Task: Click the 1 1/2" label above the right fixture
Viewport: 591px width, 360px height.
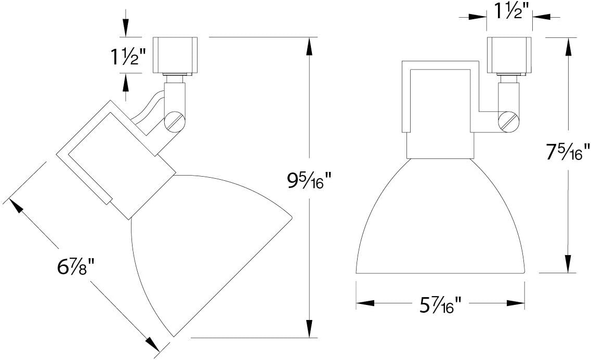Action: pos(509,12)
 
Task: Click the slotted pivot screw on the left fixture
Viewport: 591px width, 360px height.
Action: pos(175,121)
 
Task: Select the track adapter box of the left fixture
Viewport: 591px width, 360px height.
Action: pos(175,56)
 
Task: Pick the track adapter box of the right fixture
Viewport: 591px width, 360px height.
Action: pos(509,56)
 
